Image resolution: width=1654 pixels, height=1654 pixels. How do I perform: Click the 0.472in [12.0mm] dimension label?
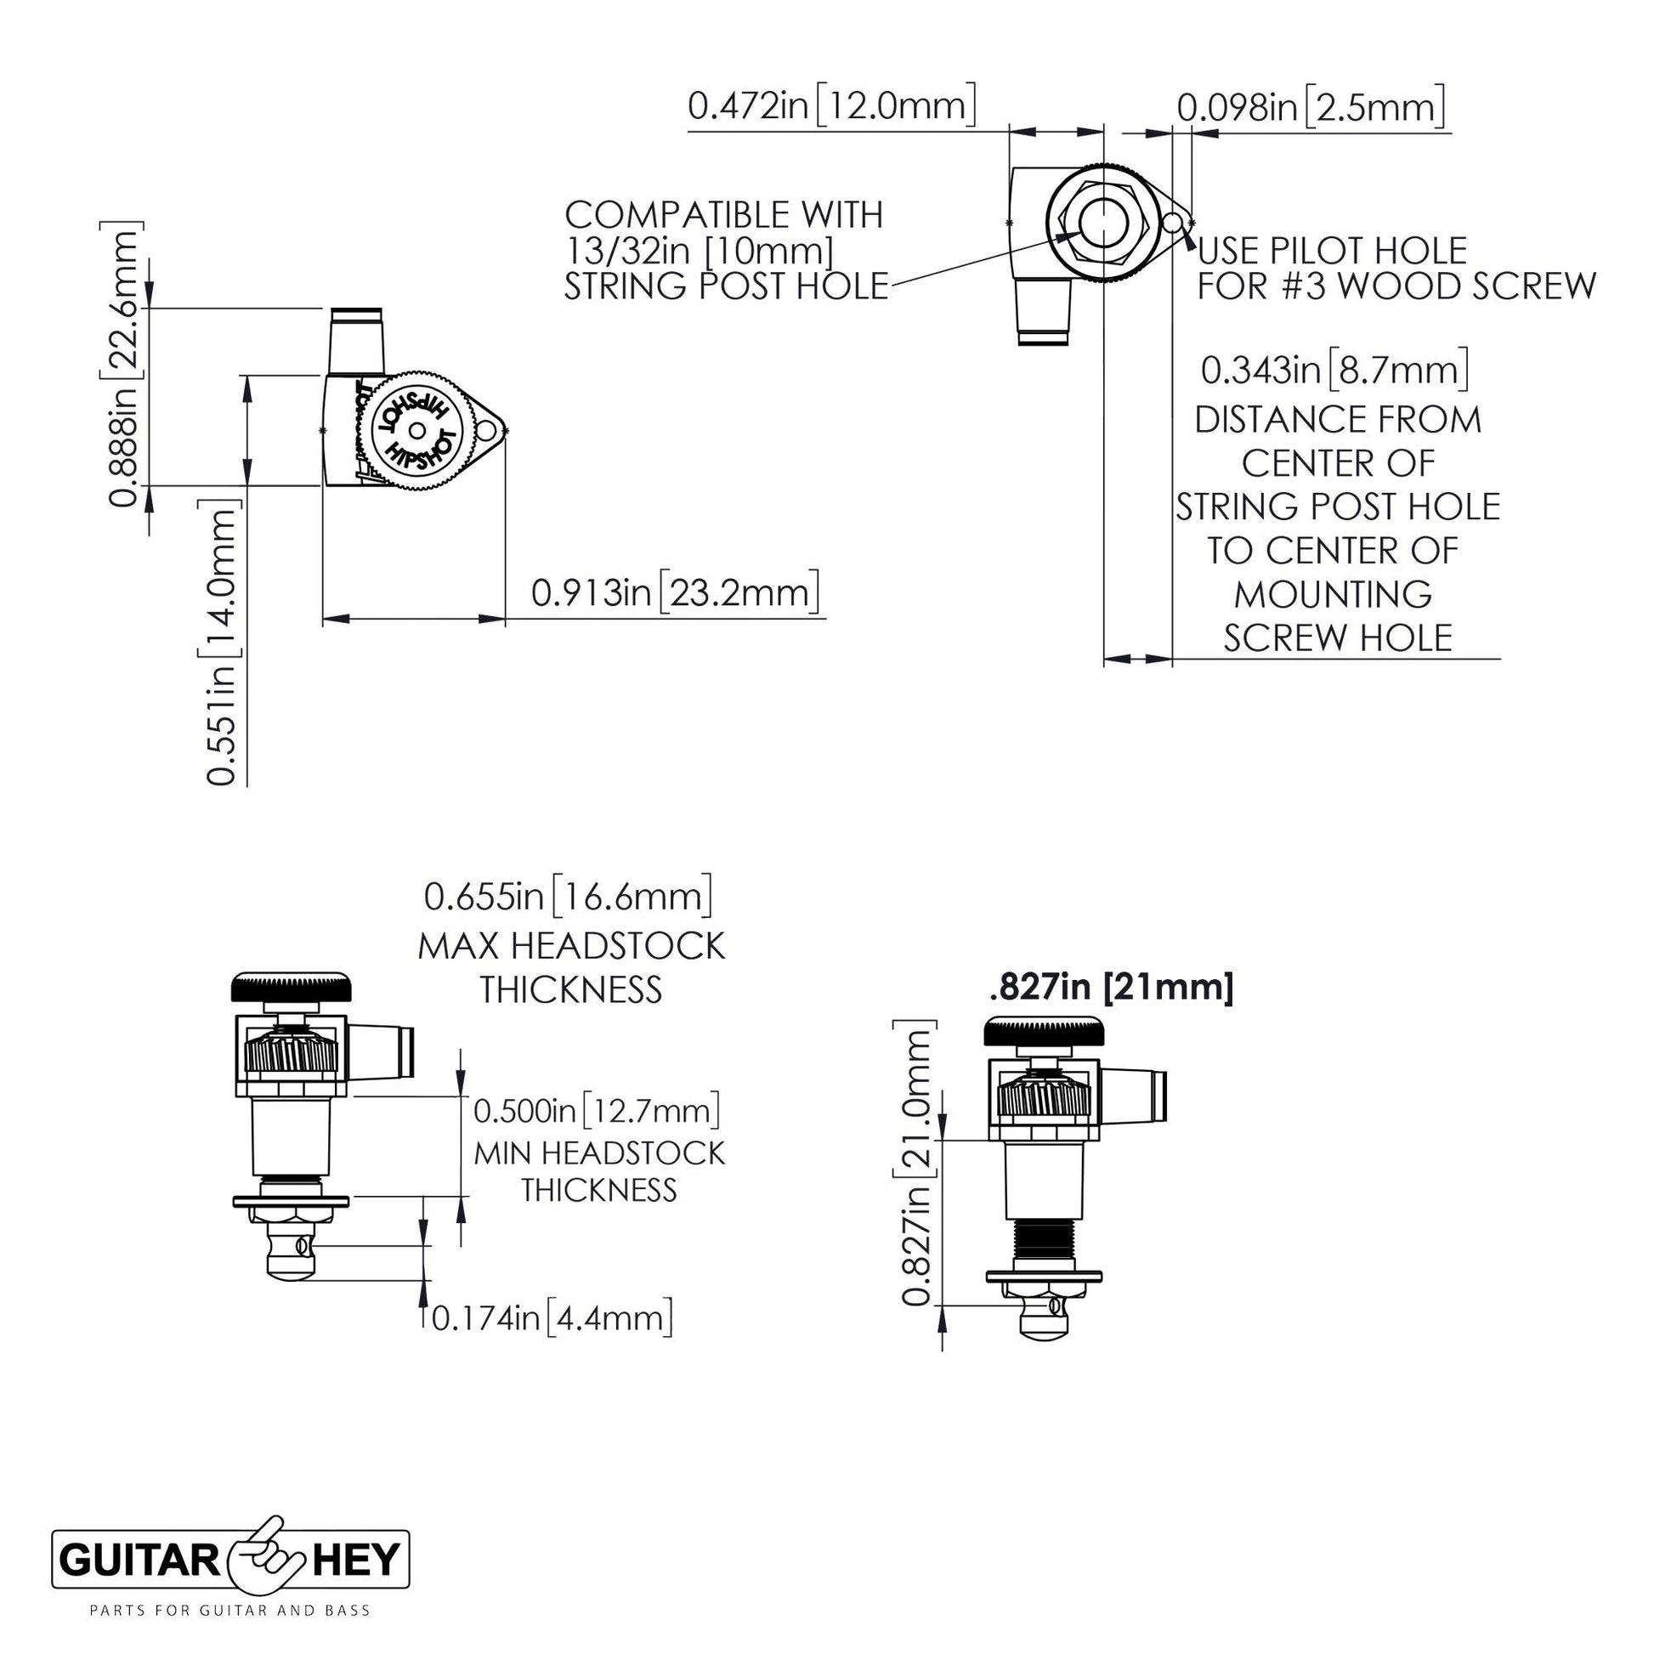[x=831, y=105]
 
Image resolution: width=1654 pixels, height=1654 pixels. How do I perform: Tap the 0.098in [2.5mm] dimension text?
[x=1311, y=108]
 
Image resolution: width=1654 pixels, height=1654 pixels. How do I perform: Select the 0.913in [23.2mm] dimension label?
[x=675, y=592]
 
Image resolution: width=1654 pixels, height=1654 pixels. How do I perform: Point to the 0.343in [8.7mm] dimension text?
[x=1334, y=370]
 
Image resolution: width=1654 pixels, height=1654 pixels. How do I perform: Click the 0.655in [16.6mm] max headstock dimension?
[x=569, y=897]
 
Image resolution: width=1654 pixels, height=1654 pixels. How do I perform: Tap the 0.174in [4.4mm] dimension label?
[x=552, y=1317]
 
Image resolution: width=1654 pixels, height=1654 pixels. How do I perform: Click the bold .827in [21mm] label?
[x=1111, y=987]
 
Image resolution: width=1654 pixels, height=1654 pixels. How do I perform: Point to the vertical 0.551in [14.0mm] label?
[x=221, y=642]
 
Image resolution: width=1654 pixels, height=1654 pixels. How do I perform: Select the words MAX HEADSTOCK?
[x=571, y=946]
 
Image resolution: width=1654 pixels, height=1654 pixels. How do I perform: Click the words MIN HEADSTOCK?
[x=599, y=1153]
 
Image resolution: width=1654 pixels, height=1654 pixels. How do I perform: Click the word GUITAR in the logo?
[x=142, y=1561]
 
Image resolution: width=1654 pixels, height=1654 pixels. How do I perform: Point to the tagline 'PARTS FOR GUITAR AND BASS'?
[x=230, y=1611]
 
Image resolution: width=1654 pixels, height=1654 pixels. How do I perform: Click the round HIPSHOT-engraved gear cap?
[x=416, y=431]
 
